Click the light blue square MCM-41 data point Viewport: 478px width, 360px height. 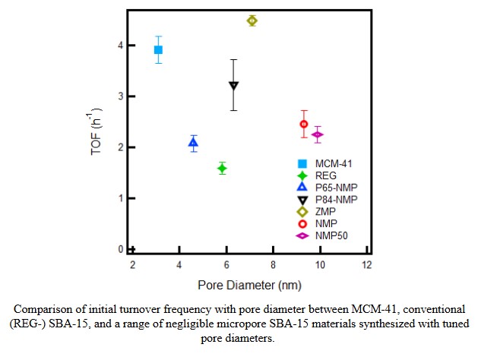(x=158, y=49)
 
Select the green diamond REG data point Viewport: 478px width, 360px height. (x=222, y=168)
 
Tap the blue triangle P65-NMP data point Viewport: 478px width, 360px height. (x=194, y=143)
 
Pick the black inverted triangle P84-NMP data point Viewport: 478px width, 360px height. (x=233, y=86)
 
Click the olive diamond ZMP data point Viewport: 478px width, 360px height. (x=252, y=21)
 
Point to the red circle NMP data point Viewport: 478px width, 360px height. (x=304, y=124)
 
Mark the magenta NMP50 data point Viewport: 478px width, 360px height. (x=318, y=135)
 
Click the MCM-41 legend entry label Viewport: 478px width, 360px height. (x=334, y=163)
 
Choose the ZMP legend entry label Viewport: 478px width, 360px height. (x=326, y=211)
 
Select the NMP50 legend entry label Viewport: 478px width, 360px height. (x=331, y=235)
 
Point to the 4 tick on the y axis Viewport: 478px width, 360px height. (x=119, y=45)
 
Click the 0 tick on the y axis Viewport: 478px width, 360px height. (x=119, y=249)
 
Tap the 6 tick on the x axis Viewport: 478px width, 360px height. (x=226, y=264)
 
